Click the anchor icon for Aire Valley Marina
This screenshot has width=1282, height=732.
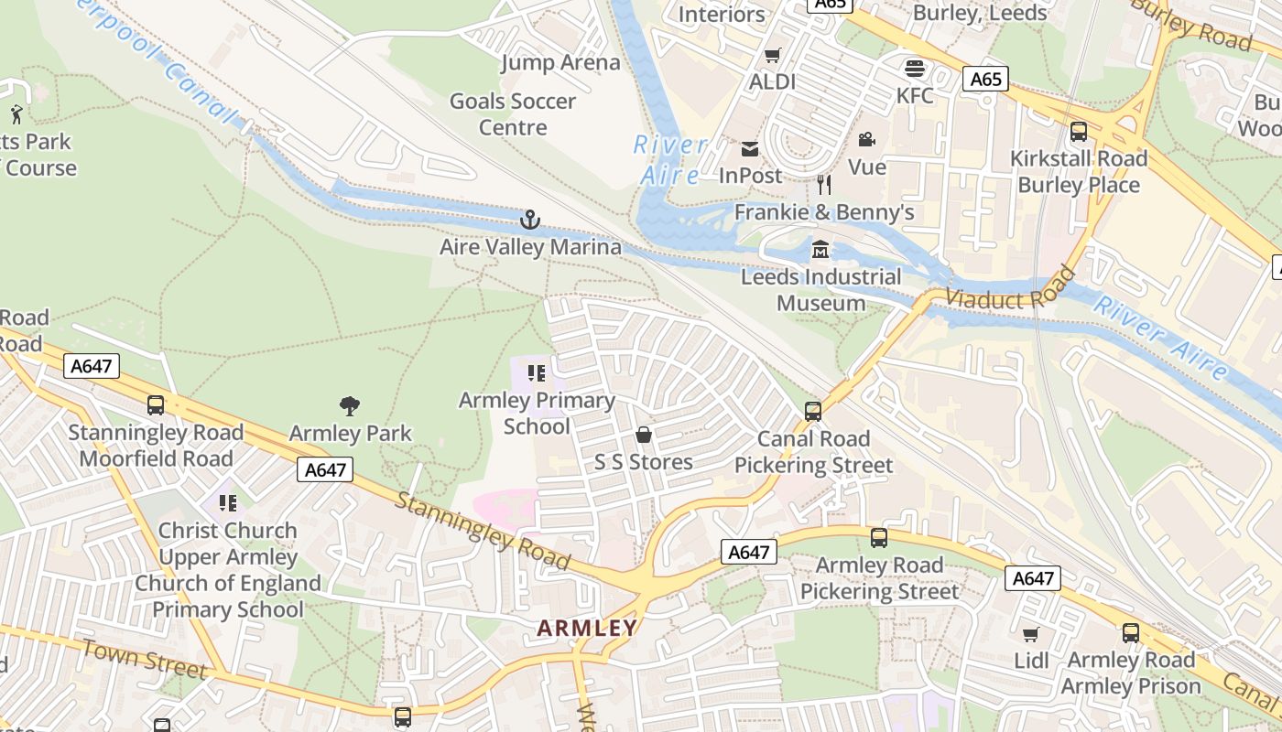click(x=529, y=220)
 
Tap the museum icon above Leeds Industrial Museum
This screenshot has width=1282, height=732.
click(x=820, y=249)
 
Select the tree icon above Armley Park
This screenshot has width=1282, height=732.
click(x=349, y=405)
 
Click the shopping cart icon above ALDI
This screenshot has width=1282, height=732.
click(x=772, y=55)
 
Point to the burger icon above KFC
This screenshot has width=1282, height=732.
click(x=914, y=68)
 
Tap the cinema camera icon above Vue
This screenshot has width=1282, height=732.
click(x=865, y=139)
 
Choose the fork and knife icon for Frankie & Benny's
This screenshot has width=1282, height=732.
click(x=824, y=185)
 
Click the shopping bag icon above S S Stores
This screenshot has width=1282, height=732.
click(x=644, y=435)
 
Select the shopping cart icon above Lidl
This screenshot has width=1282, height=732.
click(x=1030, y=633)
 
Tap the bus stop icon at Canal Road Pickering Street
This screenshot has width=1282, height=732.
click(x=813, y=412)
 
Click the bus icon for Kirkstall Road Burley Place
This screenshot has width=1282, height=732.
click(x=1079, y=132)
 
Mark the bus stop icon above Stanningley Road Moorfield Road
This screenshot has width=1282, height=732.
click(x=156, y=405)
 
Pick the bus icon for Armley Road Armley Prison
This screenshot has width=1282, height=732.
click(x=1131, y=633)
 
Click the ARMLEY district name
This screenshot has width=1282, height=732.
click(x=587, y=628)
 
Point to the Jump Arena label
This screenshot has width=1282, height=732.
click(x=560, y=63)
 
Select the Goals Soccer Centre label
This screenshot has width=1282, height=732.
click(x=513, y=114)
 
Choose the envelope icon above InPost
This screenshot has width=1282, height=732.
click(x=750, y=149)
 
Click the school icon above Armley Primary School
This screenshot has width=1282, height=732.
click(x=537, y=373)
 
